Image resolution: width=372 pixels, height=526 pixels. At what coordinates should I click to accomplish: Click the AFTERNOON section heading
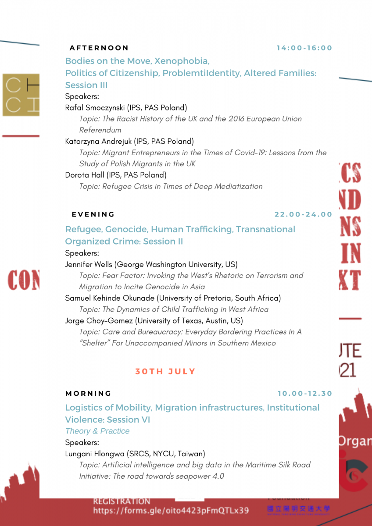tap(99, 48)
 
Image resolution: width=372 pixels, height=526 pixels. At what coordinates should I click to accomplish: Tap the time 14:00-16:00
tap(304, 48)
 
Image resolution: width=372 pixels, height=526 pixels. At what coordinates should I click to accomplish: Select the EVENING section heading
tap(93, 214)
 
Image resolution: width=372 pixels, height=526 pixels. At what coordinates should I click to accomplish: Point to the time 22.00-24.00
tap(304, 214)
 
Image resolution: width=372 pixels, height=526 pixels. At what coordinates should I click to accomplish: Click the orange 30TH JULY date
tap(165, 371)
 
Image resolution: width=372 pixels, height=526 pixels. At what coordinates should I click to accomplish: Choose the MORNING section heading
tap(89, 393)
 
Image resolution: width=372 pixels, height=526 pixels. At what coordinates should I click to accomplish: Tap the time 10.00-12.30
tap(305, 393)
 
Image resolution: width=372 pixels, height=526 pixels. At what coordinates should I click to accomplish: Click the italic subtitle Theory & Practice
tap(97, 431)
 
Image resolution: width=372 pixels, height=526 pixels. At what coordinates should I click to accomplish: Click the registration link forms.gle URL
tap(171, 511)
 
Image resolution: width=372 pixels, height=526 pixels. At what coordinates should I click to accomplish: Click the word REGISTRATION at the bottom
tap(122, 501)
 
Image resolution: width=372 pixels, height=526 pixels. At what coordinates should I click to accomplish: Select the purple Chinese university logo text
tap(298, 509)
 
